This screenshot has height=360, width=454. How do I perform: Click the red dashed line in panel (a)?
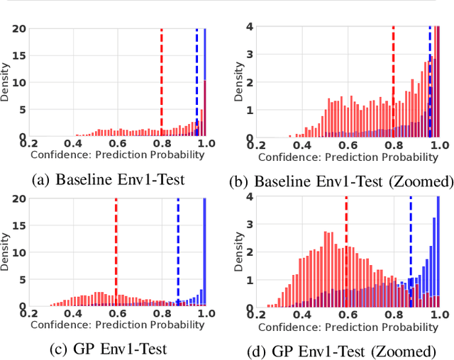click(x=162, y=78)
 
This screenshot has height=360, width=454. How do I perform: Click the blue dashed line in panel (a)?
click(x=197, y=78)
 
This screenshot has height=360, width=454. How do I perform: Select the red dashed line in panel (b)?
click(x=393, y=78)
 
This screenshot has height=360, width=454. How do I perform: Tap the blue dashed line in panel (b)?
click(x=429, y=78)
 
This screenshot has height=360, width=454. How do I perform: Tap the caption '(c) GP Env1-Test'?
click(x=108, y=349)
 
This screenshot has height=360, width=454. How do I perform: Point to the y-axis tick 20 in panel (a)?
click(x=18, y=28)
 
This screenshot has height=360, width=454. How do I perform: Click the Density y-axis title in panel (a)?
click(x=6, y=83)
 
